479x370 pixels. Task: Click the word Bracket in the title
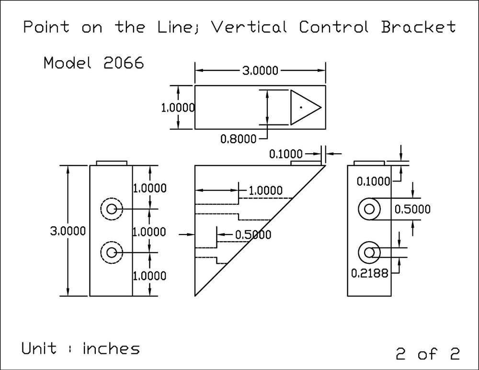(x=418, y=27)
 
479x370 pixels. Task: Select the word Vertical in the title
(x=249, y=27)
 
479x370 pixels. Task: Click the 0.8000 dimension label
(x=238, y=139)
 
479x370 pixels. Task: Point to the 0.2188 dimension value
(x=369, y=273)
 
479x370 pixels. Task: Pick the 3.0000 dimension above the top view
(x=260, y=70)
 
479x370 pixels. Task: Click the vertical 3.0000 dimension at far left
(x=68, y=231)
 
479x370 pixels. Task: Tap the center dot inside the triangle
(x=301, y=107)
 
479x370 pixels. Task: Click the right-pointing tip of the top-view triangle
(x=320, y=107)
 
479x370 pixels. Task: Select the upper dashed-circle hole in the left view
(x=112, y=209)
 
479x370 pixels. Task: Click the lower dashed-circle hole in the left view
(x=112, y=252)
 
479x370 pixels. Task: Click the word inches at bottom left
(x=112, y=348)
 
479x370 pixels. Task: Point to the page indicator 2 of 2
(x=428, y=354)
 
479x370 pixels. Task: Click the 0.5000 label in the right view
(x=412, y=209)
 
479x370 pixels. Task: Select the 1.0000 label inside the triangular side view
(x=265, y=191)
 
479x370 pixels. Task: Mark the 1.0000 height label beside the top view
(x=178, y=108)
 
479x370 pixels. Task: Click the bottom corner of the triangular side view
(x=195, y=296)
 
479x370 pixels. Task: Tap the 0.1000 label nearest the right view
(x=374, y=180)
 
